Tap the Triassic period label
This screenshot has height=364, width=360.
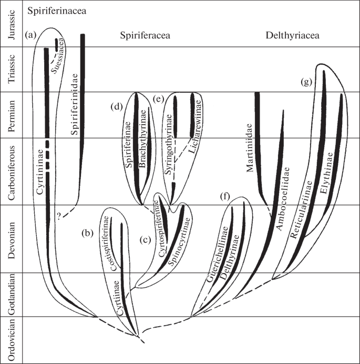click(x=12, y=70)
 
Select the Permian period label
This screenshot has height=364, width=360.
click(x=12, y=115)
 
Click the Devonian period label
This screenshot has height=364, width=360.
click(x=12, y=238)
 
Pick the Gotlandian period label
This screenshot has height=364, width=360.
click(x=12, y=295)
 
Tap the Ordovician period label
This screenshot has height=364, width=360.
click(x=12, y=339)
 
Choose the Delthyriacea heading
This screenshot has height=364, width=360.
click(x=293, y=36)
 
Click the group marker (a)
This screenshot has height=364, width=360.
click(x=31, y=35)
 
